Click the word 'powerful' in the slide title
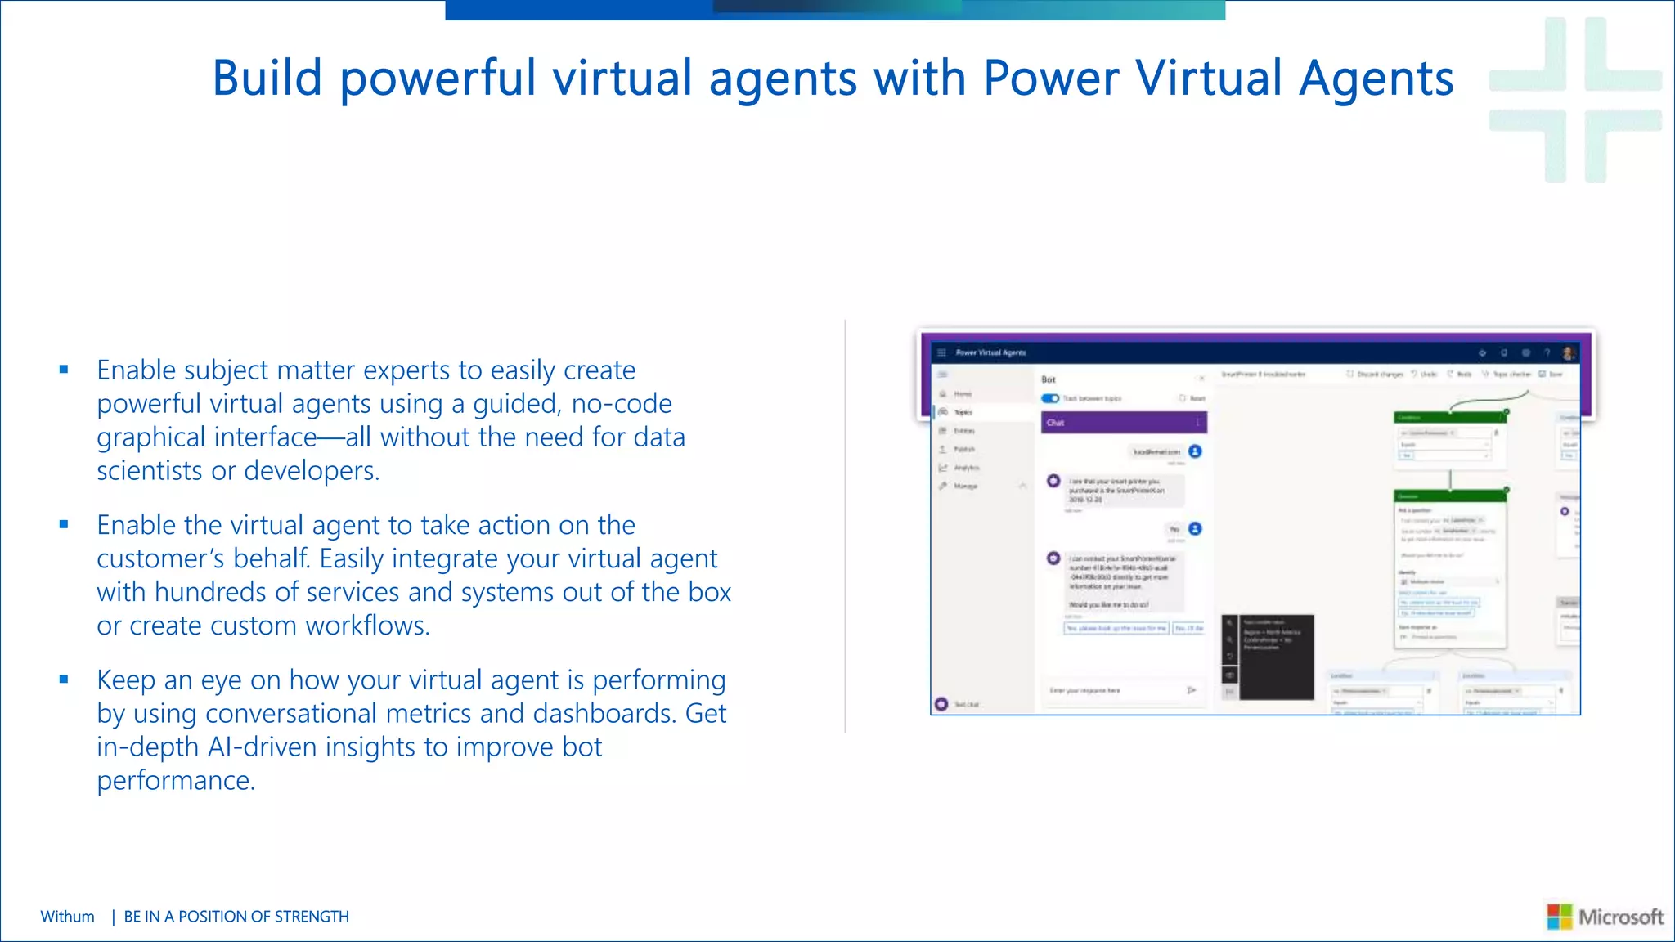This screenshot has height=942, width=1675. (x=438, y=78)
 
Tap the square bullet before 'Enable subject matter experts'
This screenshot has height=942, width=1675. (x=64, y=370)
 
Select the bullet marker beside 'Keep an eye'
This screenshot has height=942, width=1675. (x=64, y=679)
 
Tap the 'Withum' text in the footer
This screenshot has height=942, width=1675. (x=67, y=917)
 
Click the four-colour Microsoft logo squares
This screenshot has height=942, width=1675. (x=1559, y=917)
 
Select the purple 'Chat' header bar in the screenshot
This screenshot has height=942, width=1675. (x=1123, y=423)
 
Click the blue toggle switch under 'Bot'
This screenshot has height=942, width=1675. (x=1049, y=398)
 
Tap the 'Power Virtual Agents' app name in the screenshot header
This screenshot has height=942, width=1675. (x=990, y=352)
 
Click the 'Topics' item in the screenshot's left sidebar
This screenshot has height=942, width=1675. (x=963, y=412)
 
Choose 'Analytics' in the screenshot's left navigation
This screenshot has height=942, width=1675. (x=966, y=468)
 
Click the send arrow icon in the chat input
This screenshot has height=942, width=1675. (x=1192, y=691)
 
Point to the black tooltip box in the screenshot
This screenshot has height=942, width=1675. (x=1275, y=657)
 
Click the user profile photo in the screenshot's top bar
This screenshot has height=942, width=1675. (x=1568, y=352)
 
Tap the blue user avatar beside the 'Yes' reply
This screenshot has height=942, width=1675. (x=1195, y=529)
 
